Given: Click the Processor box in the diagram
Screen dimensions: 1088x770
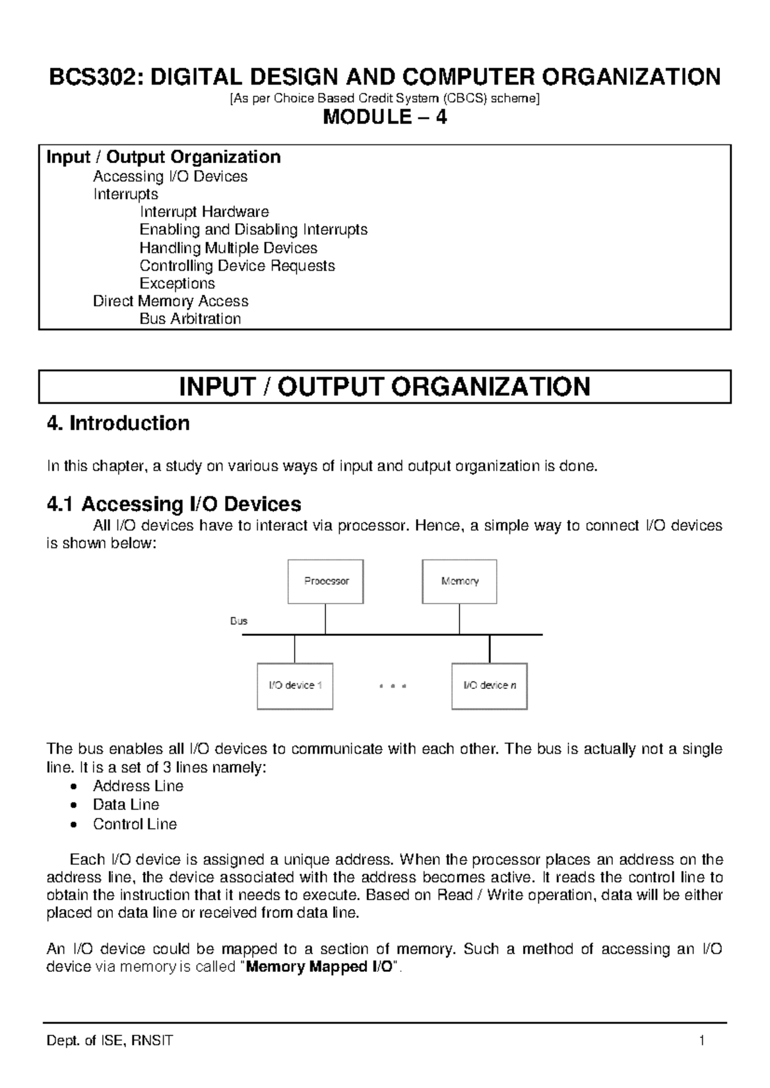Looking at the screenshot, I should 325,581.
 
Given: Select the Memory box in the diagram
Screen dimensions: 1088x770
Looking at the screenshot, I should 459,581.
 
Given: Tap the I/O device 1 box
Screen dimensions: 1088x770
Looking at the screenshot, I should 295,686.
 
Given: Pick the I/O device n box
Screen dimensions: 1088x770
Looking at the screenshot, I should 490,686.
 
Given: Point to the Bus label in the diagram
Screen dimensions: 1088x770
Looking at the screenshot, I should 239,621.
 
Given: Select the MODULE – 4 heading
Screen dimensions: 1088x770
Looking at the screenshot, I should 385,117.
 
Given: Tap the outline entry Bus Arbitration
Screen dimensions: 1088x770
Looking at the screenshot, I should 190,319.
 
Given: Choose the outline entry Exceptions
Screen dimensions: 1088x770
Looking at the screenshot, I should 177,284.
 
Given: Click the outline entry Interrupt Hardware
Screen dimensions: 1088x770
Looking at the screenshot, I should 204,212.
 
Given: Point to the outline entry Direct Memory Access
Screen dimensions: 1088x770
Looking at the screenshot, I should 171,301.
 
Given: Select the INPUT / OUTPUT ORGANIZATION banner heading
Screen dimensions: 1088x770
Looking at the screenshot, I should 385,387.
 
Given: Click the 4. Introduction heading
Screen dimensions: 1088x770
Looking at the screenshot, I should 118,423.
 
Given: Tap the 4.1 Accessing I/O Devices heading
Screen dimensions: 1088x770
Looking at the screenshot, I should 174,504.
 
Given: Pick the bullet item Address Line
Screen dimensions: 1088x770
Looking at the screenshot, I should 138,786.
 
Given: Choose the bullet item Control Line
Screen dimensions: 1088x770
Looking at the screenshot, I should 135,824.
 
